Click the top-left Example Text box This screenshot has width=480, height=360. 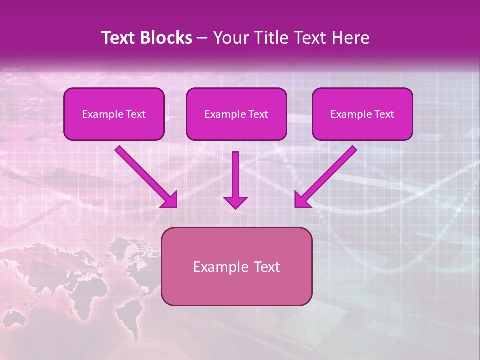(x=114, y=114)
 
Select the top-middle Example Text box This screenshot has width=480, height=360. (x=236, y=114)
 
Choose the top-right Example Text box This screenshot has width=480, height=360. (x=362, y=114)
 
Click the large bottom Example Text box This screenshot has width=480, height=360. (x=236, y=266)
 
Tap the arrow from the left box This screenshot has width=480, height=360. (x=145, y=175)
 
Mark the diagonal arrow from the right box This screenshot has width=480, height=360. (x=327, y=175)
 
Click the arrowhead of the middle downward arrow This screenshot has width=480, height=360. (x=235, y=202)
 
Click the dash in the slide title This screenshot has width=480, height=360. (x=202, y=38)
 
